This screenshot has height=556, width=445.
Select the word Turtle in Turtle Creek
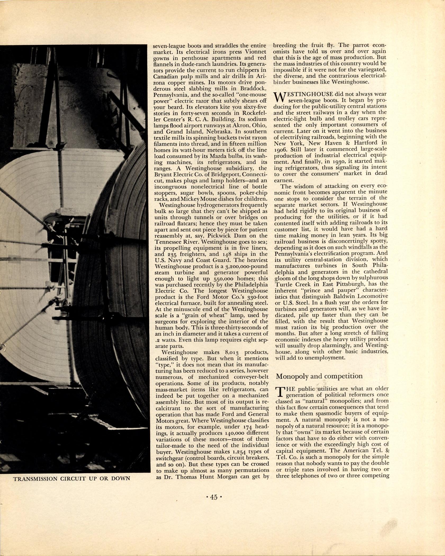(x=283, y=284)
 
